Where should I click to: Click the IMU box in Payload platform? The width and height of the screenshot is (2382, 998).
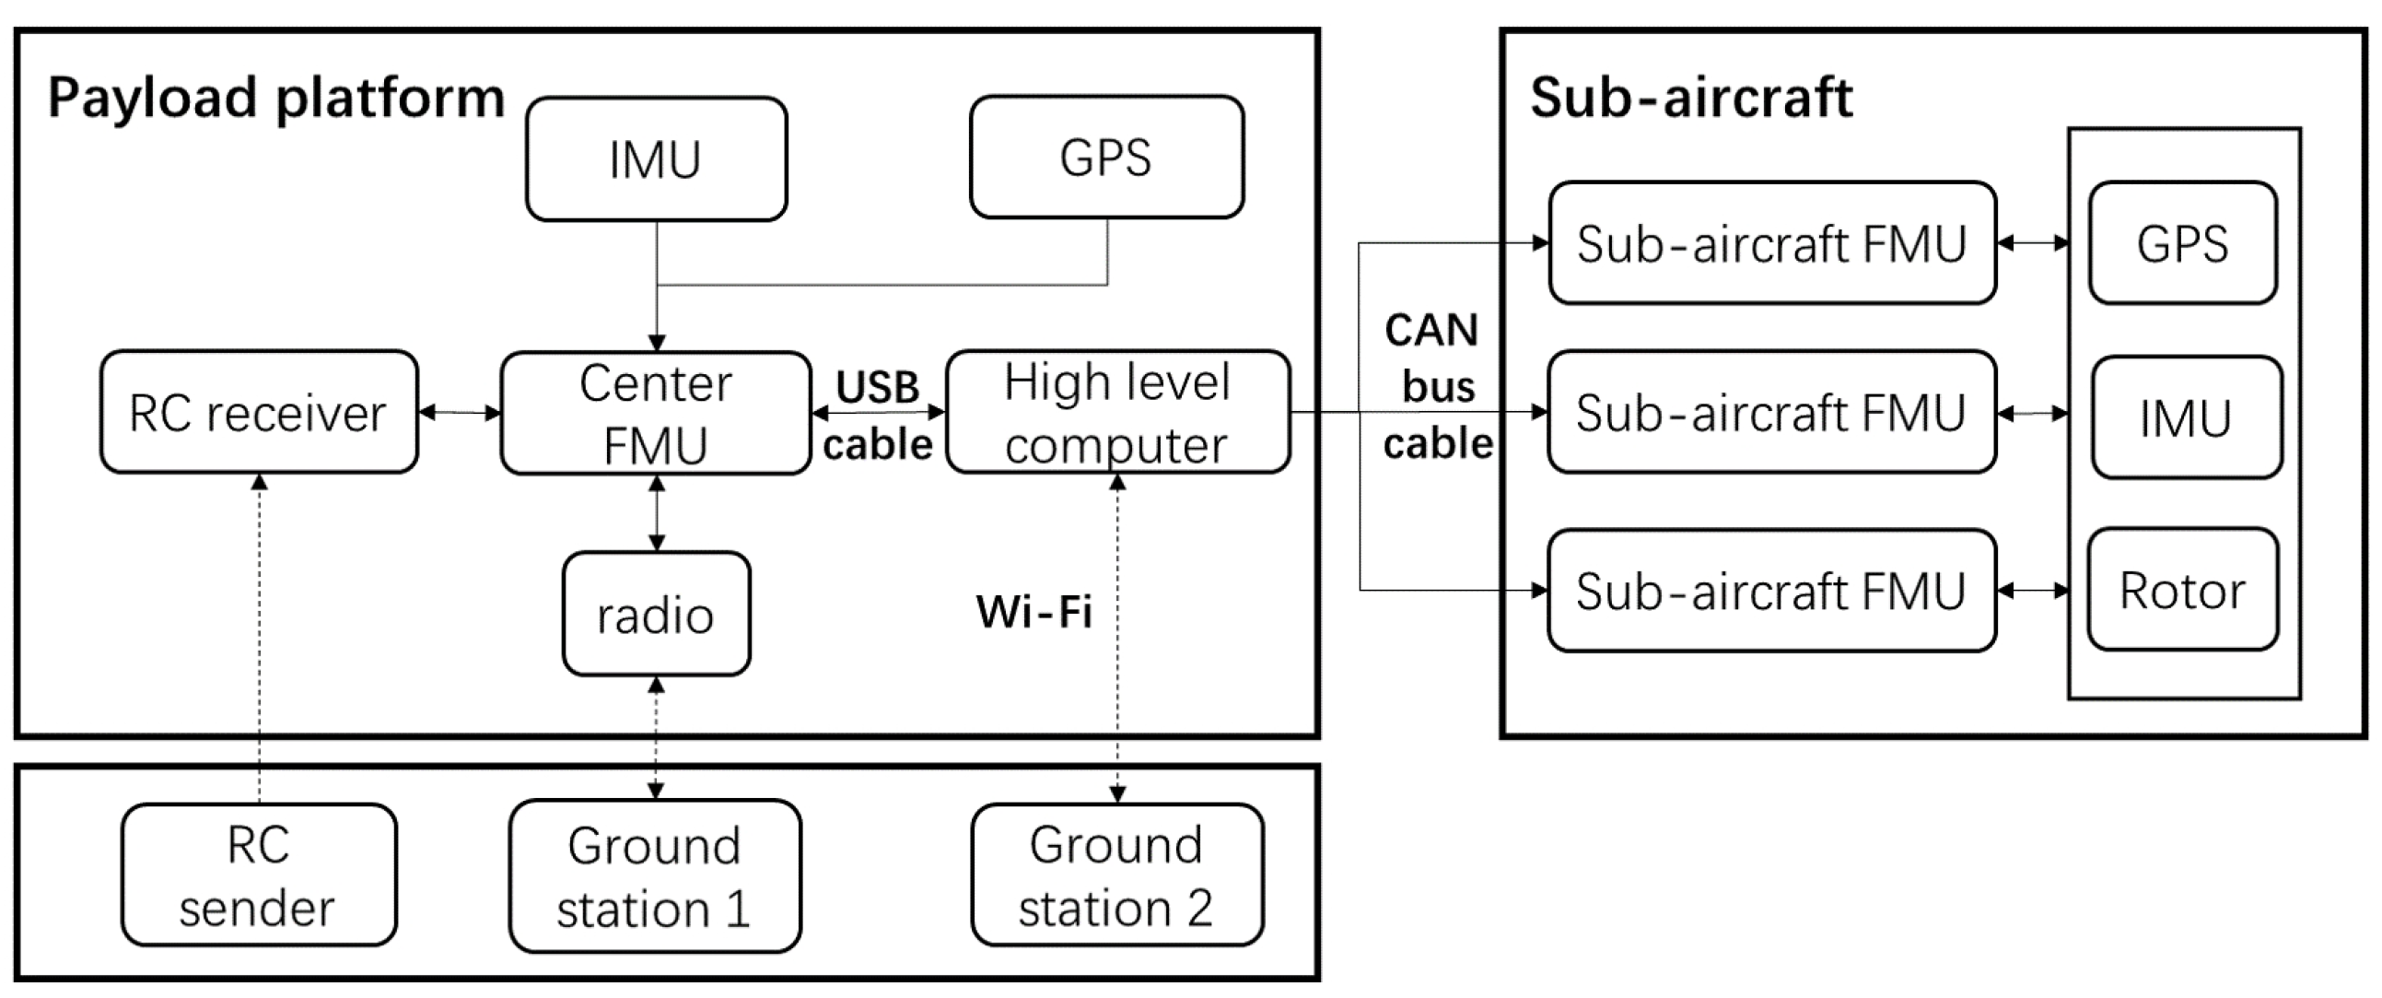656,159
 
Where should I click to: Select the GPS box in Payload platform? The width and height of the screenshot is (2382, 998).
1106,158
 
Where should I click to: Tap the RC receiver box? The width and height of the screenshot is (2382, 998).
259,413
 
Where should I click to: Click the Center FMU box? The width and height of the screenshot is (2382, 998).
656,414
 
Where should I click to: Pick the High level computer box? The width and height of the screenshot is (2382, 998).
1117,413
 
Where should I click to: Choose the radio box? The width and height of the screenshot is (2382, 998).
656,614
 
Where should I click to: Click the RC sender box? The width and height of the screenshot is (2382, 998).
258,875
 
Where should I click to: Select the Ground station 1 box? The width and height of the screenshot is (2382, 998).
655,875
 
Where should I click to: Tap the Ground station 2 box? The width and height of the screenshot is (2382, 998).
1116,875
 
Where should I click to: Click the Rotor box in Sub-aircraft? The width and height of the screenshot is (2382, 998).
2182,590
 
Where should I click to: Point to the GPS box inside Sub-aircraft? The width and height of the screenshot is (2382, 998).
2182,243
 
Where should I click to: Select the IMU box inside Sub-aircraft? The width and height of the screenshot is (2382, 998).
2186,417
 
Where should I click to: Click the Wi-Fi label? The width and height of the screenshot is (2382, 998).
1033,611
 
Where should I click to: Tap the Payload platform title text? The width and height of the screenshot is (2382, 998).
275,98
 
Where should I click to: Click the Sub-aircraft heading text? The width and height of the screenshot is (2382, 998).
1691,97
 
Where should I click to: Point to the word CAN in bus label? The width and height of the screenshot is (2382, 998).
1431,330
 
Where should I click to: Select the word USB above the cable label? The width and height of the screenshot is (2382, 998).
878,387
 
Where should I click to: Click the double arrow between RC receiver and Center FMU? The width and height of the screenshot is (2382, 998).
460,413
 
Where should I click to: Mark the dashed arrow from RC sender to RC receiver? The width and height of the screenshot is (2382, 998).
260,639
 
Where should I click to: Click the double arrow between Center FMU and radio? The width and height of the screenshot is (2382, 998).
657,513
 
